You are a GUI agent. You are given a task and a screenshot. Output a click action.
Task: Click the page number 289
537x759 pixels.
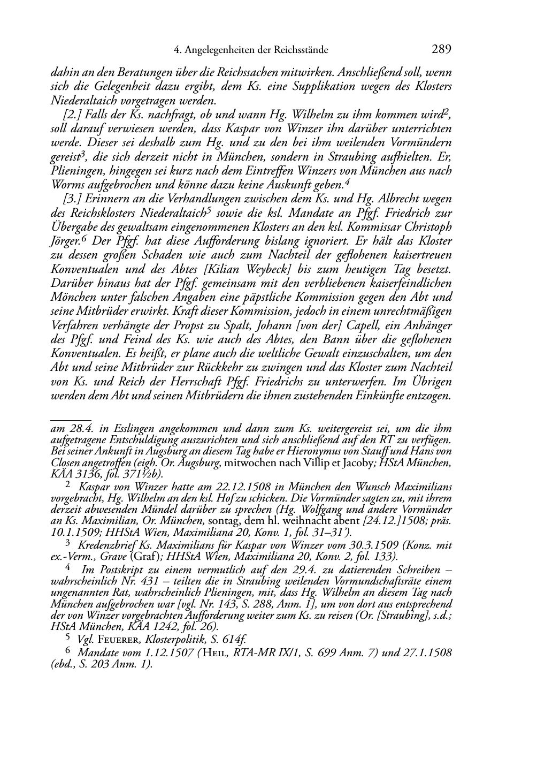pos(441,50)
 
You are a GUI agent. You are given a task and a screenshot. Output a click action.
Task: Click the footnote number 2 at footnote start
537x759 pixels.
pos(67,484)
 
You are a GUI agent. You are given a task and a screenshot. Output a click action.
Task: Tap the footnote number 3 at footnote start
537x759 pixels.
pos(67,543)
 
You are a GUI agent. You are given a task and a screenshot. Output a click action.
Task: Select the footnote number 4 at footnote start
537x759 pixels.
pos(67,566)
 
